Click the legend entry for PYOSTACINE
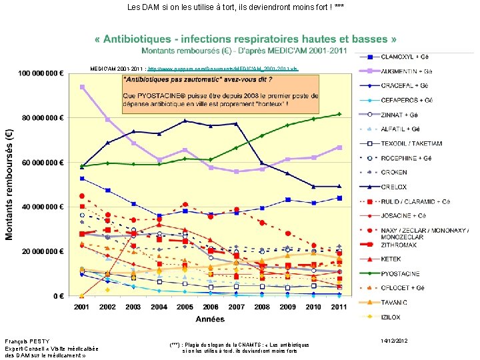401,273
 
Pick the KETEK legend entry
391,259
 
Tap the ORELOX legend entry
395,187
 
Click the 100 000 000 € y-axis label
41,73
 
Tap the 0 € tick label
58,296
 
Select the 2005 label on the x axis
184,307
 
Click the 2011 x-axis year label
339,307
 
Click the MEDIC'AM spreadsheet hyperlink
223,69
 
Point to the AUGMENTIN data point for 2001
82,87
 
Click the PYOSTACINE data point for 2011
339,114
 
